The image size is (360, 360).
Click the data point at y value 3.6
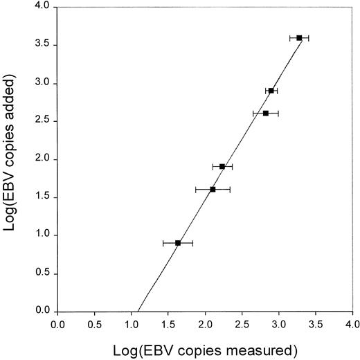(299, 37)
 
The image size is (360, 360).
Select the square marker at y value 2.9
(271, 91)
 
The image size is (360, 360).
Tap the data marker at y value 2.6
(266, 113)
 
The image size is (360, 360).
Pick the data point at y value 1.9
(222, 166)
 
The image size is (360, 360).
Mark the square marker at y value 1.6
(213, 189)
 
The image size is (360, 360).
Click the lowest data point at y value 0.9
(178, 243)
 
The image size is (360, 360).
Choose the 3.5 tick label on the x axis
(316, 323)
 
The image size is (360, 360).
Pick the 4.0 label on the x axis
(352, 323)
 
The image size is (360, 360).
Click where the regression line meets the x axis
(138, 311)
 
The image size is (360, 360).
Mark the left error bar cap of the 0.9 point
(163, 243)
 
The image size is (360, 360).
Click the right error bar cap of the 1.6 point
(230, 189)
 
